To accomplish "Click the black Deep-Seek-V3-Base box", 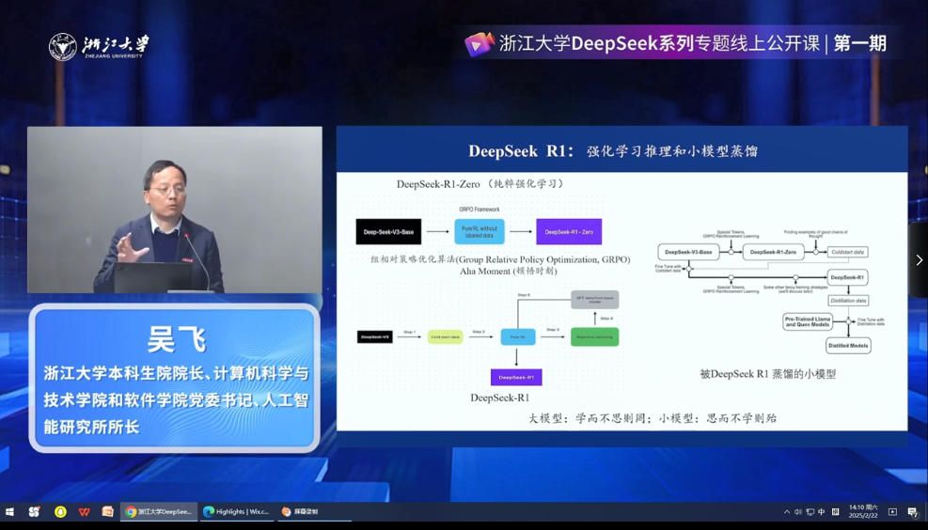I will [388, 231].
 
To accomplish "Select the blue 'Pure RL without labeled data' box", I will [480, 231].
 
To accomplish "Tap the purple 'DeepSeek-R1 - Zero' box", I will [569, 231].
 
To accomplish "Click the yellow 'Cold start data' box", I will [445, 336].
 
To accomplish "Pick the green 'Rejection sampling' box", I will [594, 336].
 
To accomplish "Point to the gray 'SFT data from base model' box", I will [594, 300].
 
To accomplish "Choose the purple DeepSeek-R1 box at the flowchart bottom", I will [516, 377].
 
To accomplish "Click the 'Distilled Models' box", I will [848, 346].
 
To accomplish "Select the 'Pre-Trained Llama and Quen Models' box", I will [807, 321].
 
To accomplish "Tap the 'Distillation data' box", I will [848, 301].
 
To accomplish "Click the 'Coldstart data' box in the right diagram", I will [847, 252].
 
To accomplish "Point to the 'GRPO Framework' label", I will [479, 210].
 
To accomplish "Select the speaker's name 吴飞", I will [176, 339].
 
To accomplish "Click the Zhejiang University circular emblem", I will [63, 47].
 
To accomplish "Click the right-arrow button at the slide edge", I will [919, 260].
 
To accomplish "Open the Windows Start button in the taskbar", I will [10, 512].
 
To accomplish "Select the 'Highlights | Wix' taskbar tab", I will [237, 512].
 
